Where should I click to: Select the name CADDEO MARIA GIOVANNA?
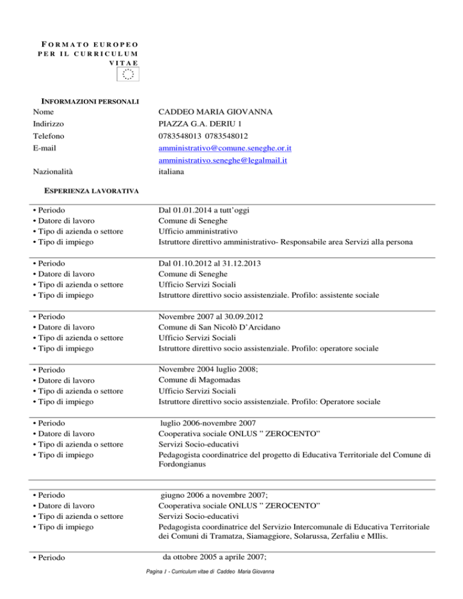coord(218,112)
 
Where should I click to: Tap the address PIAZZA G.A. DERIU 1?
coord(200,125)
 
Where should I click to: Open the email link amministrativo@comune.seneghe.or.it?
coord(225,149)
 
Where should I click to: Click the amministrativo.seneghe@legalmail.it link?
coord(222,161)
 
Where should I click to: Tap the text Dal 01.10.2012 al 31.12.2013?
coord(210,263)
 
